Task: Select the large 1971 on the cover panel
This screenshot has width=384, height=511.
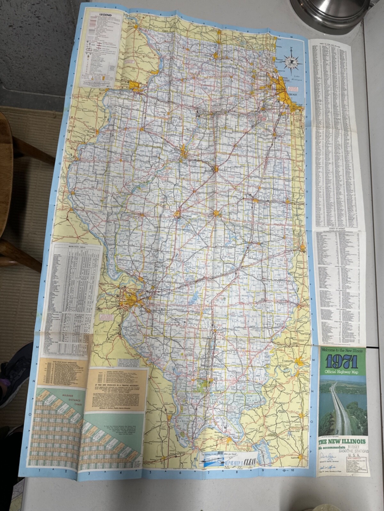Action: tap(342, 362)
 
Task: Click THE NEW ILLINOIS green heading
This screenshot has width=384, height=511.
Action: tap(342, 442)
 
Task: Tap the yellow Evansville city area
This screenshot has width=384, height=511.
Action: tap(300, 362)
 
